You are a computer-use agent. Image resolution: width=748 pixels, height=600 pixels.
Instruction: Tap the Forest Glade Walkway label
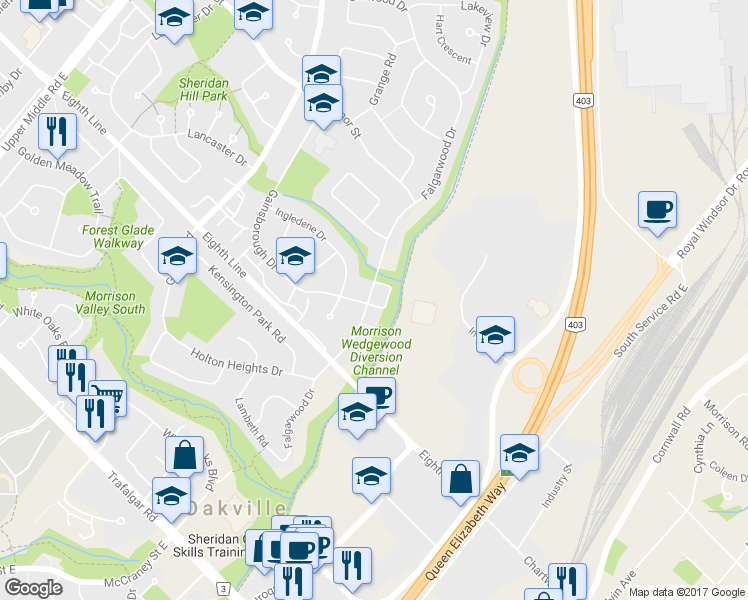(119, 236)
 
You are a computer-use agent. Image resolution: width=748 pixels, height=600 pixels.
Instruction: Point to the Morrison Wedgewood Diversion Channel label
(377, 350)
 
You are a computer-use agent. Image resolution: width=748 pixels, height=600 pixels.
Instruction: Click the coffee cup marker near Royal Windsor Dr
(657, 210)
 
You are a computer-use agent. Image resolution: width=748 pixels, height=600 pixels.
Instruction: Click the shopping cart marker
(107, 399)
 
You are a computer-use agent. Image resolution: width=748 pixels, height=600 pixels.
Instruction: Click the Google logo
(33, 588)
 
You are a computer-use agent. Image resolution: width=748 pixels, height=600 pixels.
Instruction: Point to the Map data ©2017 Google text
(687, 592)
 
